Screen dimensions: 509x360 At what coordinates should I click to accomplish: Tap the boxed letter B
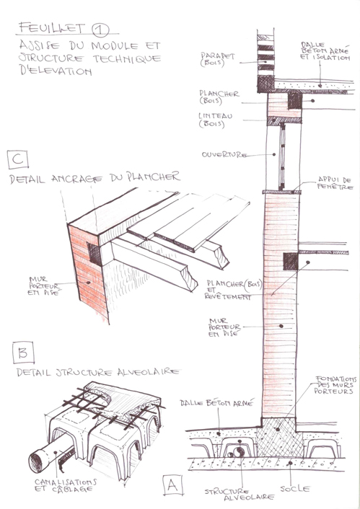coord(22,353)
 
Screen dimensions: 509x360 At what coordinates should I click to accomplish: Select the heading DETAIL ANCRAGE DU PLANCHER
coord(95,177)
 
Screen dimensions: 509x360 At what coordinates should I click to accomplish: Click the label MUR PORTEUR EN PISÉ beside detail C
coord(38,286)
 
